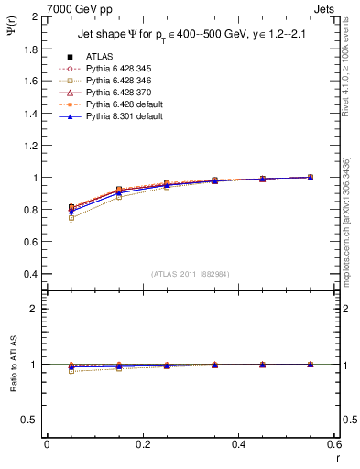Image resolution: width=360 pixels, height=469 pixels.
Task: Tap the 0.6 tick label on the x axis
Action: point(334,443)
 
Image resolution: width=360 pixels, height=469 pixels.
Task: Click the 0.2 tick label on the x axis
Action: point(142,443)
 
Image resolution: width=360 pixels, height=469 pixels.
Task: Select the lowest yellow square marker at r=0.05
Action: point(71,218)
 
